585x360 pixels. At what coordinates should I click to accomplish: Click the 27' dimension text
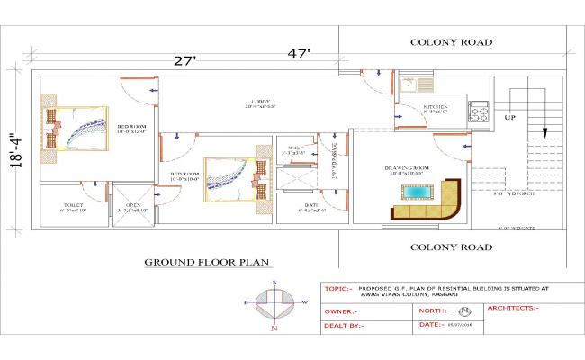pyautogui.click(x=186, y=60)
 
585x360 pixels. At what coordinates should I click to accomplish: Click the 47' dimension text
pyautogui.click(x=299, y=53)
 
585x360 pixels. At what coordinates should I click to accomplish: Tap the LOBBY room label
pyautogui.click(x=260, y=103)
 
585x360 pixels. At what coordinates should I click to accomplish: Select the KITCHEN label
pyautogui.click(x=436, y=108)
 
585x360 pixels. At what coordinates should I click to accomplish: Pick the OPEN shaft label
pyautogui.click(x=131, y=206)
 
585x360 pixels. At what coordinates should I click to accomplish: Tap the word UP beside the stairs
pyautogui.click(x=509, y=118)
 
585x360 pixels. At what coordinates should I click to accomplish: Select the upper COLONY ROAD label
pyautogui.click(x=450, y=42)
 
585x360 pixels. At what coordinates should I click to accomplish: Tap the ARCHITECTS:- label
pyautogui.click(x=512, y=308)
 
